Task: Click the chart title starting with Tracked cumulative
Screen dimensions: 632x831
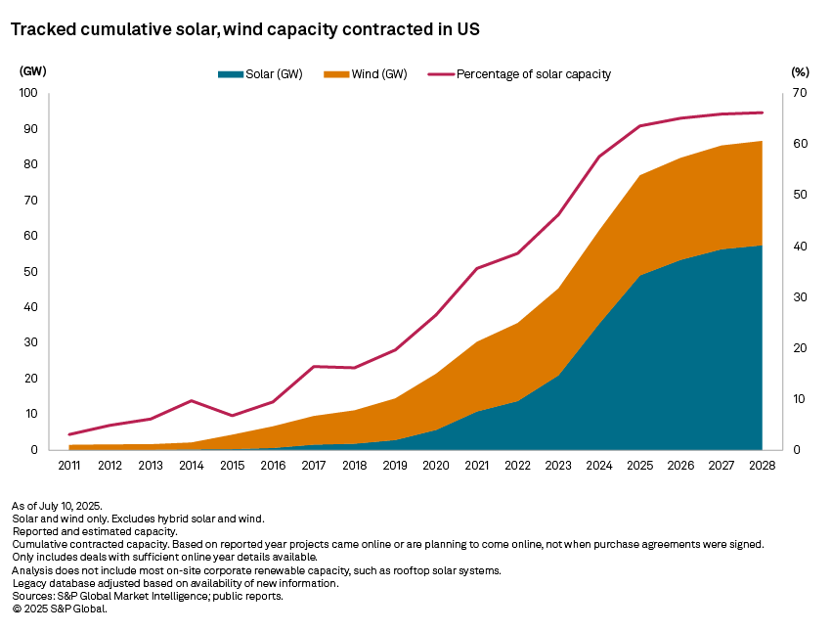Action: pos(244,30)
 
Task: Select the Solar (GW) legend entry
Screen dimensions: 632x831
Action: pos(259,74)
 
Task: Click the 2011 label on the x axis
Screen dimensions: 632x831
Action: pos(69,466)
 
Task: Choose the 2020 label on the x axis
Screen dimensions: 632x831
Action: pos(435,466)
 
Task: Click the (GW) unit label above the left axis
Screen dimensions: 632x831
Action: pos(32,71)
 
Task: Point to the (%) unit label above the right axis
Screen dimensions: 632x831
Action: pos(800,71)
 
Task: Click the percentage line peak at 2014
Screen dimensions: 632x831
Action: pos(192,400)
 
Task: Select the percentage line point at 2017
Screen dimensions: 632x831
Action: pos(314,367)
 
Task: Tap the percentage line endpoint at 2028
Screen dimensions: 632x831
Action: pos(762,113)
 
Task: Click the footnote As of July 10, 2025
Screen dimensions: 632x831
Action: pos(57,506)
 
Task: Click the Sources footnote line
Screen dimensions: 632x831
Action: pos(148,596)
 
